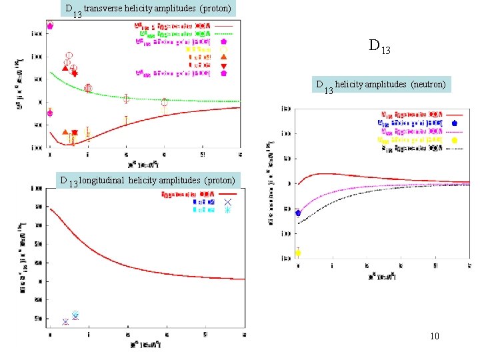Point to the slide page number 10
pyautogui.click(x=434, y=336)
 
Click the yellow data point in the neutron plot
pyautogui.click(x=298, y=253)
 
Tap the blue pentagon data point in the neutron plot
pyautogui.click(x=298, y=213)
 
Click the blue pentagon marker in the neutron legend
pyautogui.click(x=454, y=123)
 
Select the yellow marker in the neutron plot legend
pyautogui.click(x=454, y=140)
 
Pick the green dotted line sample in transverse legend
pyautogui.click(x=224, y=33)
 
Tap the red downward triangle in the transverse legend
pyautogui.click(x=223, y=65)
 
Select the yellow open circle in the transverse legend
pyautogui.click(x=223, y=49)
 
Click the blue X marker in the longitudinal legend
pyautogui.click(x=227, y=201)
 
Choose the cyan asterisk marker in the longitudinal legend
pyautogui.click(x=227, y=210)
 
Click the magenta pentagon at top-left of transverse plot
pyautogui.click(x=50, y=25)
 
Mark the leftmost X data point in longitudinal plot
pyautogui.click(x=65, y=322)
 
